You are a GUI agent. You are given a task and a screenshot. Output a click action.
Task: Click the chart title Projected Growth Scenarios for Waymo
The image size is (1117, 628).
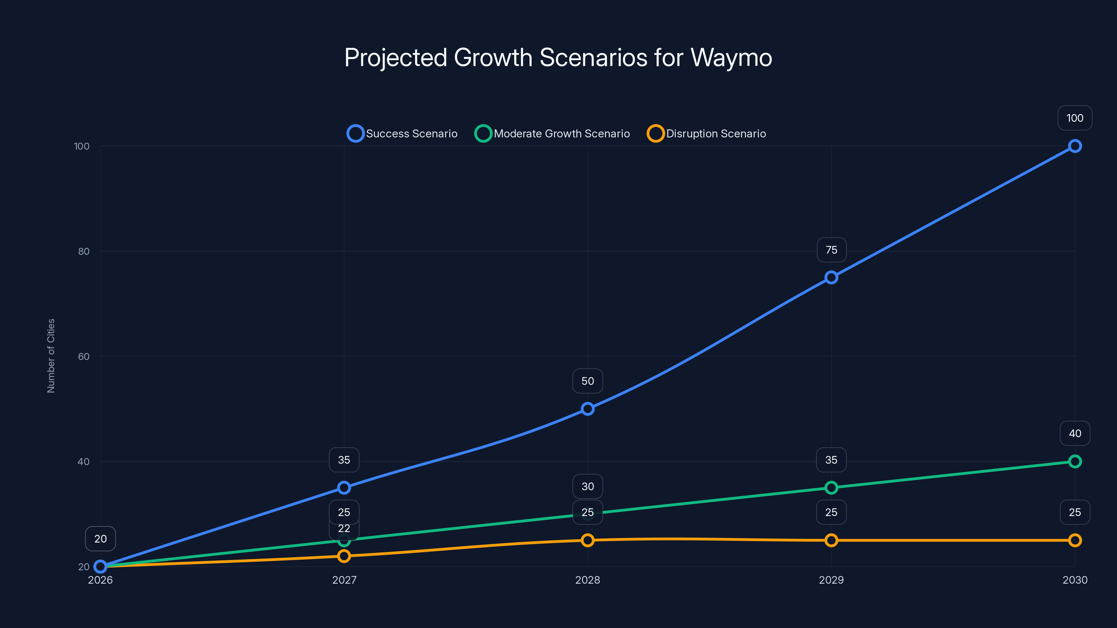pyautogui.click(x=558, y=58)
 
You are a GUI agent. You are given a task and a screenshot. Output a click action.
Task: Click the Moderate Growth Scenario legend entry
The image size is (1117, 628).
pyautogui.click(x=553, y=134)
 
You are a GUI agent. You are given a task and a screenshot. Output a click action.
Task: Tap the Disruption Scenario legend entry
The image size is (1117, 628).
pyautogui.click(x=707, y=134)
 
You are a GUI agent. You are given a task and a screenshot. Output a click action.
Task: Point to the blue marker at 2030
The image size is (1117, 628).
pyautogui.click(x=1074, y=146)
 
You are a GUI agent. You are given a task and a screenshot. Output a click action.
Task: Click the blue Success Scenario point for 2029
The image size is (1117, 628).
pyautogui.click(x=831, y=277)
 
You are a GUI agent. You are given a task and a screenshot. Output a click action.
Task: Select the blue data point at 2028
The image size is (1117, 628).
pyautogui.click(x=587, y=409)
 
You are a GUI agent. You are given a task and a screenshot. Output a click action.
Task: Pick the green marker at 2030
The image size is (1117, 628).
pyautogui.click(x=1074, y=462)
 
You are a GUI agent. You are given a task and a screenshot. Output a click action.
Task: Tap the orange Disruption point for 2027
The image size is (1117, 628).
pyautogui.click(x=344, y=556)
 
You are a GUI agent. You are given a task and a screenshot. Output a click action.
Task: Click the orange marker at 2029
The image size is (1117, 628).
pyautogui.click(x=831, y=540)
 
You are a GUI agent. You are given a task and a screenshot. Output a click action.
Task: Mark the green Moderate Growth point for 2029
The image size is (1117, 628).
pyautogui.click(x=831, y=488)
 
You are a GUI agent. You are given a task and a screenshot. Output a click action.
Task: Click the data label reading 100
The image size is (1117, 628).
pyautogui.click(x=1074, y=118)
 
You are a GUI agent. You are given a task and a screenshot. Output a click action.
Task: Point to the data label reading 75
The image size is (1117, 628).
pyautogui.click(x=831, y=250)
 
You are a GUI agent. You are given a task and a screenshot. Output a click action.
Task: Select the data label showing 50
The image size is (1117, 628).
pyautogui.click(x=587, y=381)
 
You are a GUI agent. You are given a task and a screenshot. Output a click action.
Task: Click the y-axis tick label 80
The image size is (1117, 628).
pyautogui.click(x=84, y=251)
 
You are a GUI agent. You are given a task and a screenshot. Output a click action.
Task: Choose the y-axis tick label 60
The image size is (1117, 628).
pyautogui.click(x=84, y=356)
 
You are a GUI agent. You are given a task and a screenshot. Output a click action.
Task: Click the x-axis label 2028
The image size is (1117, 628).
pyautogui.click(x=587, y=580)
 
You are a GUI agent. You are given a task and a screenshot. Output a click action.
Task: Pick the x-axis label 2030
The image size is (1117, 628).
pyautogui.click(x=1074, y=580)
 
